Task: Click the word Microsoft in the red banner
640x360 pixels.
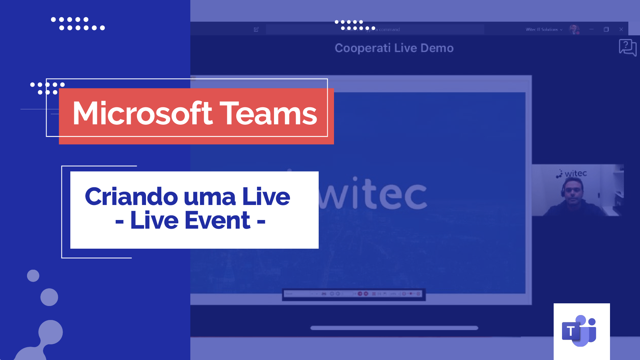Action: (142, 114)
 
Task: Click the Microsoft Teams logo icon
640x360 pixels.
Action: (579, 331)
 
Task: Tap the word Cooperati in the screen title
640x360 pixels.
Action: (362, 48)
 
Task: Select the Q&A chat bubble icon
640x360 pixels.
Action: (627, 47)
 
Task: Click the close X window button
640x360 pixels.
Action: (621, 29)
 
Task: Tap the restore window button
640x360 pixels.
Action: (606, 29)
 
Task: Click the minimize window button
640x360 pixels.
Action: (591, 29)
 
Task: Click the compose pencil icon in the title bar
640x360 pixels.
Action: (256, 29)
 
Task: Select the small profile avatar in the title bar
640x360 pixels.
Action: (574, 29)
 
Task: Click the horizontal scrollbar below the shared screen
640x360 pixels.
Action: (394, 328)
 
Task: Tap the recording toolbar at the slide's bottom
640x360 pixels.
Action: (354, 294)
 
